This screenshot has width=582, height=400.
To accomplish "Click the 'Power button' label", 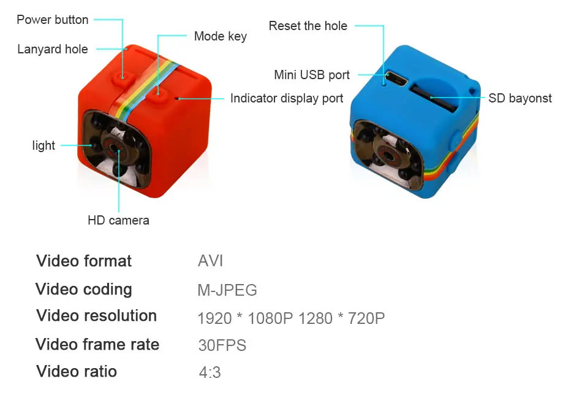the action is click(x=53, y=20).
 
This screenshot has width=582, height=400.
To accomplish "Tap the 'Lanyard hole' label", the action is click(x=53, y=49).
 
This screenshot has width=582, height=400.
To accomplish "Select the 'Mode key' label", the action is click(x=220, y=36).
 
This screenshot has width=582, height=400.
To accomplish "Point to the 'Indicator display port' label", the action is click(x=287, y=98).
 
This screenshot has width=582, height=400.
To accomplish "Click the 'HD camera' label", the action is click(x=118, y=220).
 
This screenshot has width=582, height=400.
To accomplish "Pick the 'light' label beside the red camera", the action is click(x=43, y=145).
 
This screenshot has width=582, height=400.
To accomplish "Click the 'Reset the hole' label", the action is click(x=308, y=26).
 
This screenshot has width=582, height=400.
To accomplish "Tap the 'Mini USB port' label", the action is click(x=312, y=75).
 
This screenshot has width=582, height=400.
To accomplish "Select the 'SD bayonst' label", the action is click(x=520, y=98).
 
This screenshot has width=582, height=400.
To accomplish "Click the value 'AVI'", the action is click(x=211, y=261).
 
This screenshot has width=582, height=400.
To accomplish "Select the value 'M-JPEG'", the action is click(x=227, y=290).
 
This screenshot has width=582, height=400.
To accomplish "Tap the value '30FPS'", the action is click(x=222, y=345).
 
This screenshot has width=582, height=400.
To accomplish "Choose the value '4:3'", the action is click(x=210, y=372).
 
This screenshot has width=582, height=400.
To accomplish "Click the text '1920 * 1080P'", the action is click(x=245, y=318).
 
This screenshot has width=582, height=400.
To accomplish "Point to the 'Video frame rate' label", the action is click(x=97, y=344).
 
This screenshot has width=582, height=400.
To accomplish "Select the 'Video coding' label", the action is click(x=84, y=289).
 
